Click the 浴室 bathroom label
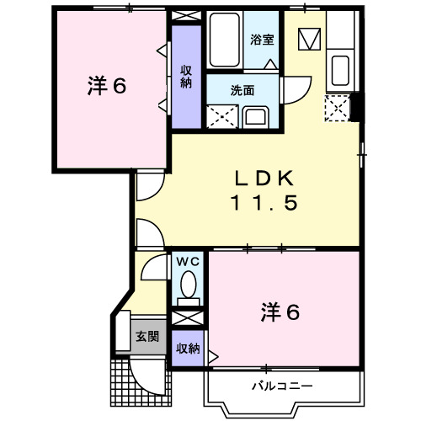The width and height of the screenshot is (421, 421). pos(262,39)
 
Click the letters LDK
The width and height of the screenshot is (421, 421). pos(262,179)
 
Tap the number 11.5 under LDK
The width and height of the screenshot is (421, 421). pos(262,204)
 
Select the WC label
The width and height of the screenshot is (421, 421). pos(186,261)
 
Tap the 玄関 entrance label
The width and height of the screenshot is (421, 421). pos(147,337)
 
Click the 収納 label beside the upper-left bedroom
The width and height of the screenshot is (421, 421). pos(185,77)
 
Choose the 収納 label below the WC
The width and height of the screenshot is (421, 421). pos(188,347)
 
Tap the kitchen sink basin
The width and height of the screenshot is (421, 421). pos(341,67)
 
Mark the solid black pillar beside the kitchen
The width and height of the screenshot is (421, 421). pos(357,107)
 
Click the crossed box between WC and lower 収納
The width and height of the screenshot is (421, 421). pos(188,320)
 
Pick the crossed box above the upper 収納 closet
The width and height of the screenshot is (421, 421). pos(185,16)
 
